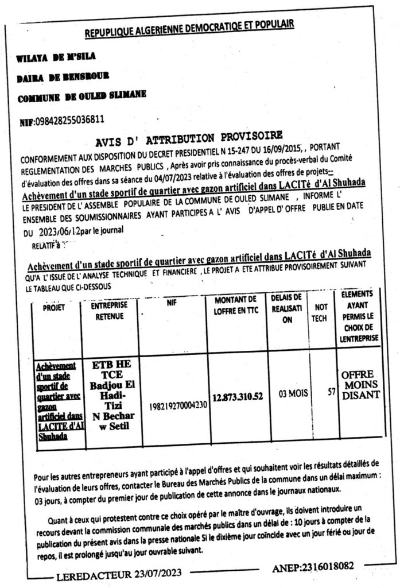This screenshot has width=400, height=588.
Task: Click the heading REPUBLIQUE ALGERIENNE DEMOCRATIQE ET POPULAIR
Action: coord(189,26)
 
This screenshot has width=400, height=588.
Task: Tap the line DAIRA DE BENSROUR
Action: coord(63,75)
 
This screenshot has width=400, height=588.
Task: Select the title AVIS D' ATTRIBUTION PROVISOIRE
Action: coord(189,138)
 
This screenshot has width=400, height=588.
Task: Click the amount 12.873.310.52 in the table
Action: coord(238,396)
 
